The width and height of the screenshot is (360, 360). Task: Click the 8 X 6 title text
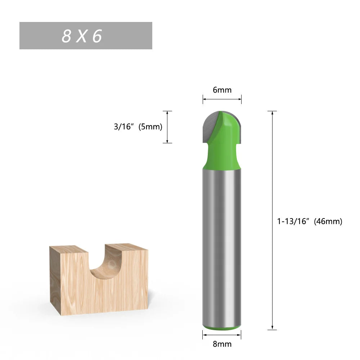82,36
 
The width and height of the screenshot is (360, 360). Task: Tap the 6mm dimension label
222,90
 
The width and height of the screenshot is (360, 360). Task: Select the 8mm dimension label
222,344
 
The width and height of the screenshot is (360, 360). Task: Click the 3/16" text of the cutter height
123,127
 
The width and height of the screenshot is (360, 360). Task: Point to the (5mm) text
150,127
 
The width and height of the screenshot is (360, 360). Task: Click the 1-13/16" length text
293,221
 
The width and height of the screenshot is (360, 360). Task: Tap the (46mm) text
328,221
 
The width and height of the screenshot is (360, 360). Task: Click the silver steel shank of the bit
222,245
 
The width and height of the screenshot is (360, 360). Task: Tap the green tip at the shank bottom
222,328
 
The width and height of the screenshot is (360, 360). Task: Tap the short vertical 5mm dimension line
167,127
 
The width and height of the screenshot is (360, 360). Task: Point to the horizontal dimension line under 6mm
222,99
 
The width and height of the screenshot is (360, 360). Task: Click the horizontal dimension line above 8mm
222,334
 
